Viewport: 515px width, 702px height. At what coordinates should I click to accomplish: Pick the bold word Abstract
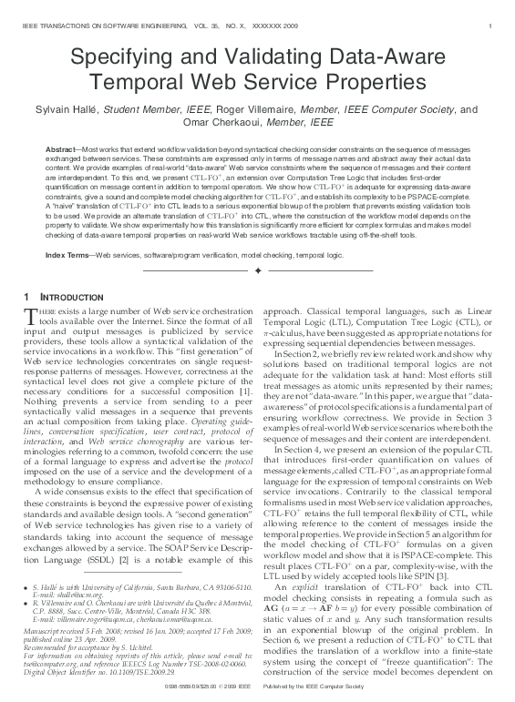61,148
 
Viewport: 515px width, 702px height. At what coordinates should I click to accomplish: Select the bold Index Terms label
67,254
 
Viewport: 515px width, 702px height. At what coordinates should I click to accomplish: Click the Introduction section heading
72,298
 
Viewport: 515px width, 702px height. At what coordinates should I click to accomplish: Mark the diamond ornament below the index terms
257,270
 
